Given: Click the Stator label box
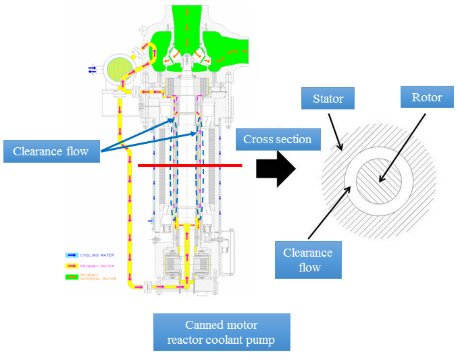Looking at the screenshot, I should tap(328, 99).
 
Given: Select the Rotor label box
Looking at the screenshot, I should tap(427, 97).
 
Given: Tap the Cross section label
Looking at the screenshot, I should tap(277, 140).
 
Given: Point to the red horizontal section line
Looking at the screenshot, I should tap(189, 165).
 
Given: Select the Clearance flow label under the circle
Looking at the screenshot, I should tap(307, 260).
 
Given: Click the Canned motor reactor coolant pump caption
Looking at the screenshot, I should tap(222, 332).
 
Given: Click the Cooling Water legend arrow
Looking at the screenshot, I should tap(72, 255).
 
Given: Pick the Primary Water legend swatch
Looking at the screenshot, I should tap(72, 266).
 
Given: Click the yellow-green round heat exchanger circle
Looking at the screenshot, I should tap(117, 68).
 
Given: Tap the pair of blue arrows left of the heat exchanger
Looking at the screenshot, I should tap(92, 68).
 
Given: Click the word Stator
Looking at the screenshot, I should tap(328, 99).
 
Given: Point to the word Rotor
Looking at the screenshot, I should tap(427, 97).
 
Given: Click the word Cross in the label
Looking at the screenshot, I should tap(258, 140).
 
